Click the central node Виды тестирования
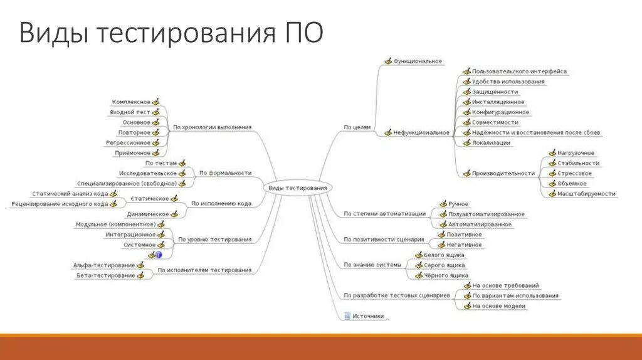tap(297, 188)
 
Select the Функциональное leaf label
tap(418, 61)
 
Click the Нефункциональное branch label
tap(421, 133)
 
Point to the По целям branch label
tap(357, 127)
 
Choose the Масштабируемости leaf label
tap(586, 194)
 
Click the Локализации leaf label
tap(491, 143)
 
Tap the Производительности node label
tap(503, 174)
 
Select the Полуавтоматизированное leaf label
tap(487, 214)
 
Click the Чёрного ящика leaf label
tap(446, 275)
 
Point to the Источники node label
tap(368, 317)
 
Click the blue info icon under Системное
tap(159, 255)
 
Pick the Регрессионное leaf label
tap(128, 143)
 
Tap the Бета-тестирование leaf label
tap(105, 275)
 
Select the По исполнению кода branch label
tap(221, 204)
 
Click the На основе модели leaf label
tap(499, 306)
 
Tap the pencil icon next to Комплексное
tap(155, 102)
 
